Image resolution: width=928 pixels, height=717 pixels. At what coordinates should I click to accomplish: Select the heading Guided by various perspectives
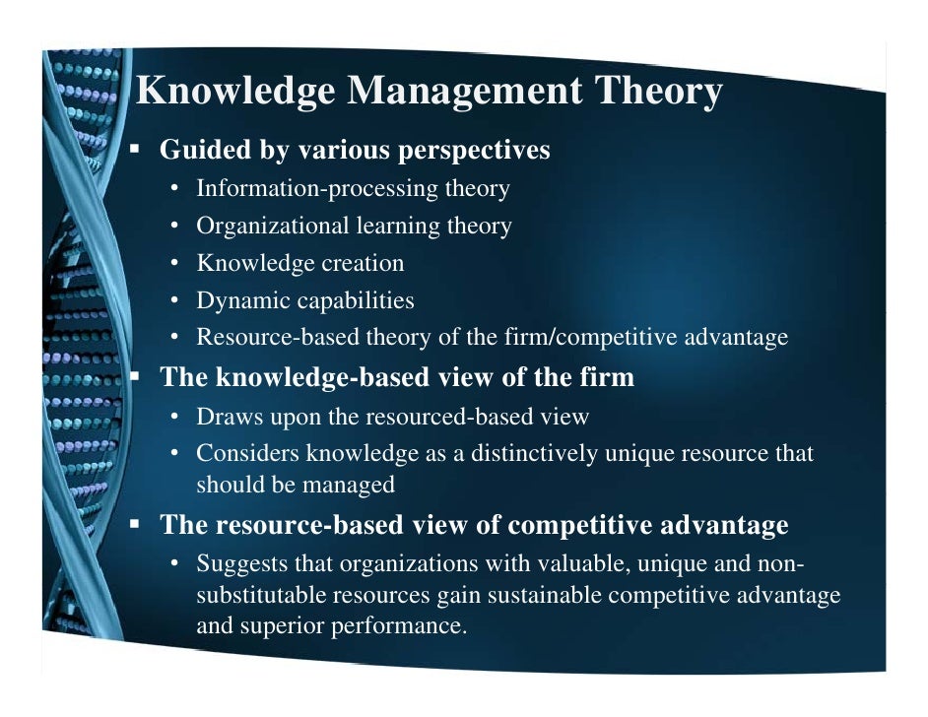[x=355, y=151]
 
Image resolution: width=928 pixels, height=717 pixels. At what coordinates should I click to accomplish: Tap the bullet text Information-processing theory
[x=353, y=188]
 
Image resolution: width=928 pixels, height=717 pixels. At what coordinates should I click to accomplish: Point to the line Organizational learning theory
[x=354, y=226]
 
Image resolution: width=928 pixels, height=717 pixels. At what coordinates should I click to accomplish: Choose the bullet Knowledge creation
[x=300, y=263]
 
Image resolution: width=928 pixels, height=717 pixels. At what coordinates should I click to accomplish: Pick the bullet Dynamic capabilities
[x=305, y=300]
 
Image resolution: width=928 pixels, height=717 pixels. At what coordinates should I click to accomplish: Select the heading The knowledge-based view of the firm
[x=397, y=377]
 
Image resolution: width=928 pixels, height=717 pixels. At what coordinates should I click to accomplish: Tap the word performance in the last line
[x=401, y=625]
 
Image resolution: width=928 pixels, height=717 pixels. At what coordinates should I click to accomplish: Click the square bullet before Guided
[x=138, y=151]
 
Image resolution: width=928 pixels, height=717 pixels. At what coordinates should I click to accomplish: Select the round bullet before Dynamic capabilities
[x=174, y=300]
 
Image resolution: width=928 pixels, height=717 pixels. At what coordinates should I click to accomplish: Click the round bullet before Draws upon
[x=174, y=417]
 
